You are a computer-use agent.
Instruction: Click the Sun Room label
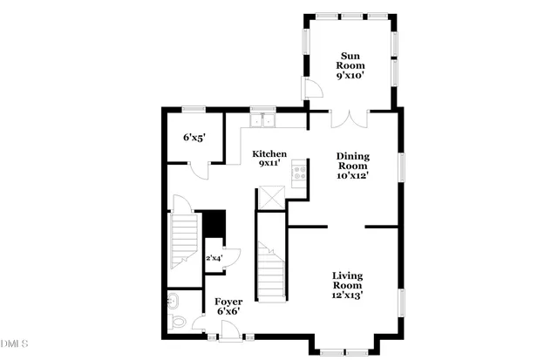click(x=351, y=60)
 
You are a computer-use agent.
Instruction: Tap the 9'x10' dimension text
click(x=351, y=76)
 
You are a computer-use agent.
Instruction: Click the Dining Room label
click(x=354, y=162)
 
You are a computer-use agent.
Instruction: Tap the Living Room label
click(x=347, y=282)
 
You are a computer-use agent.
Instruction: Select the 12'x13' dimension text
click(x=347, y=296)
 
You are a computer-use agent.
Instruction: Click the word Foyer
click(x=228, y=302)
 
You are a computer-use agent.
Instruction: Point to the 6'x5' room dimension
click(x=193, y=138)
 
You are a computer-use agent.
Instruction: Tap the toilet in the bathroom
click(x=179, y=322)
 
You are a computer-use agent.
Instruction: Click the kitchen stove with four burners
click(x=300, y=171)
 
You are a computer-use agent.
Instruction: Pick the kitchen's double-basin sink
click(x=262, y=121)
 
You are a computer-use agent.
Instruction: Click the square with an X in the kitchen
click(x=269, y=198)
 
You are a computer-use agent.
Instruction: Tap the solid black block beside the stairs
click(x=214, y=224)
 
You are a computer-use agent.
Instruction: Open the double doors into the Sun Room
click(x=351, y=117)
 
